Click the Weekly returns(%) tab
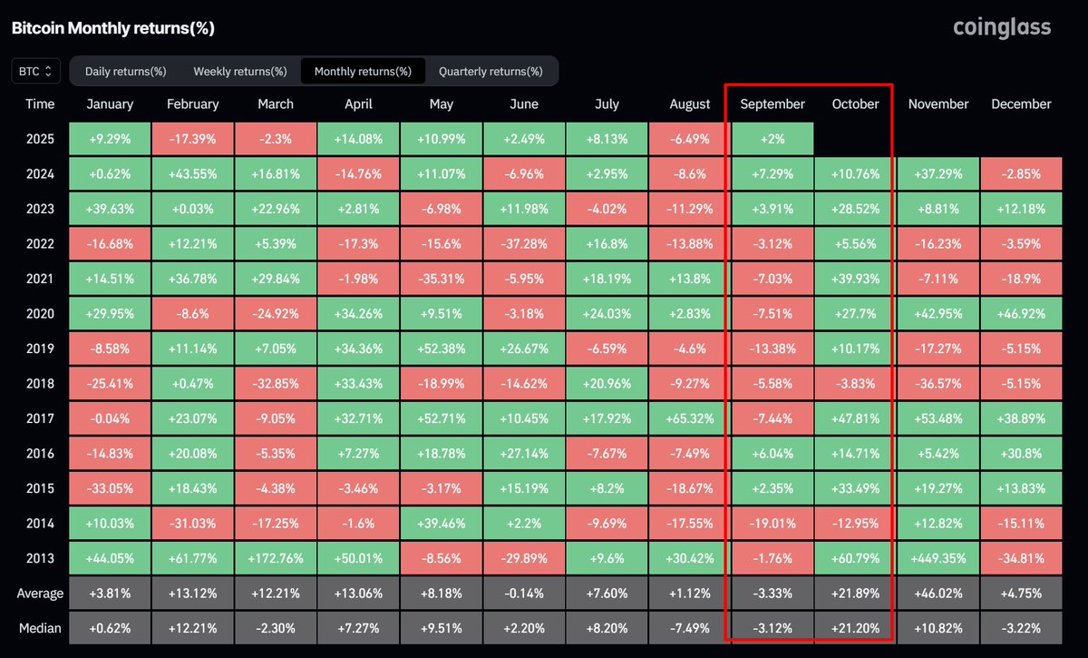[240, 71]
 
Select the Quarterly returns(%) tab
[491, 71]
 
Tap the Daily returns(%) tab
[125, 71]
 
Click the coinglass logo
[1002, 27]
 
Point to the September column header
[772, 104]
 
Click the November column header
[938, 104]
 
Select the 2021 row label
[40, 279]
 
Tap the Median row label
[40, 628]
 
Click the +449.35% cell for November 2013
[938, 558]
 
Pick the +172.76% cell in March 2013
[276, 558]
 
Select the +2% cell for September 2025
[772, 139]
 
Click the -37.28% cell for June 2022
[524, 244]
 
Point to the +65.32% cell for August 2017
[690, 418]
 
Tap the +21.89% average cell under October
[855, 594]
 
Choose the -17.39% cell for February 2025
[193, 139]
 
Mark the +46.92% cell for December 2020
[1021, 314]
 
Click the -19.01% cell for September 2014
[772, 524]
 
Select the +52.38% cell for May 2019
[442, 349]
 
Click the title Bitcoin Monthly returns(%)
[112, 28]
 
